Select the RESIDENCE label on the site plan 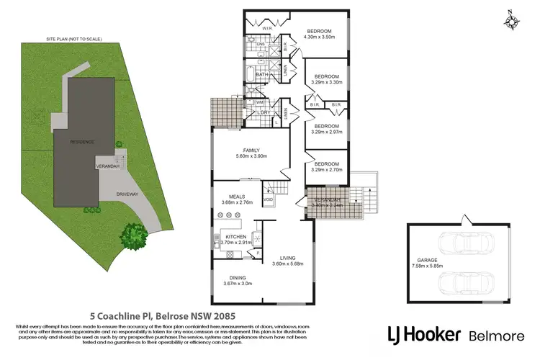pyautogui.click(x=81, y=142)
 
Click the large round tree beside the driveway pyautogui.click(x=132, y=234)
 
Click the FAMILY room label pyautogui.click(x=246, y=152)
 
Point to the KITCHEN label pyautogui.click(x=236, y=236)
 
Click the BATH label pyautogui.click(x=261, y=74)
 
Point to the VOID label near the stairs pyautogui.click(x=269, y=199)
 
